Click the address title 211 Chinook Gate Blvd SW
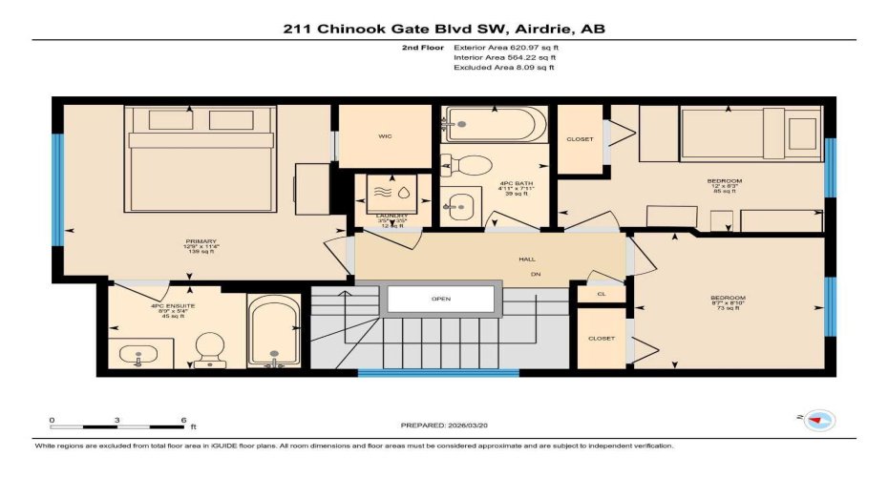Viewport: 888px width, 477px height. coord(444,29)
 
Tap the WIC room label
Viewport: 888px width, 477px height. coord(385,136)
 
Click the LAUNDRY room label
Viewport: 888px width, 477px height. coord(391,216)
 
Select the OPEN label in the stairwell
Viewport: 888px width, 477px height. coord(440,299)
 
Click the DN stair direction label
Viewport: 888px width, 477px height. coord(536,275)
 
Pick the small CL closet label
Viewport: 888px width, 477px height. coord(601,294)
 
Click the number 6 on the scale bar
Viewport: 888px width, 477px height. coord(181,420)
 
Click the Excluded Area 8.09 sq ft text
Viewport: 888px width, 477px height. coord(503,68)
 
